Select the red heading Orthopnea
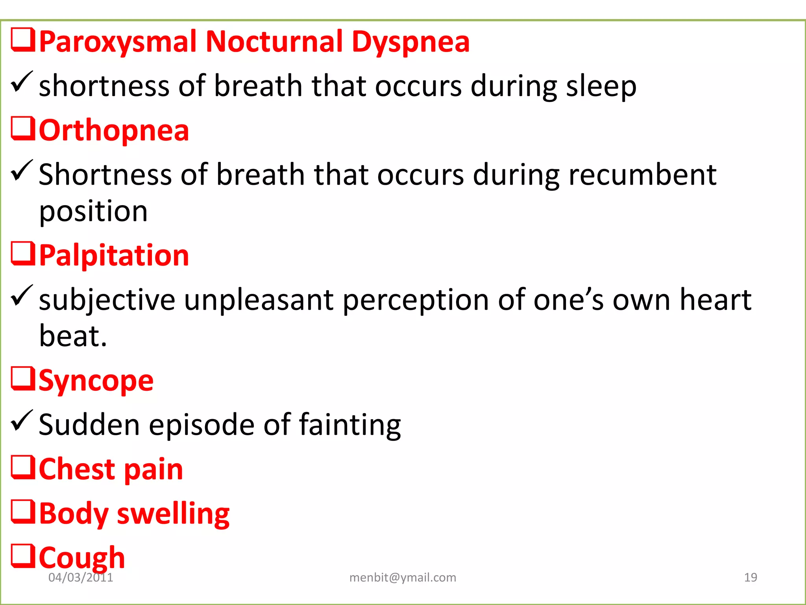tap(114, 130)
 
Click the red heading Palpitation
tap(114, 256)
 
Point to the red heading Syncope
tap(96, 381)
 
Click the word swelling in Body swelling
tap(173, 514)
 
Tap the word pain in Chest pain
tap(154, 470)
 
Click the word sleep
tap(601, 86)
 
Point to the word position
tap(93, 212)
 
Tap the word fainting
tap(350, 425)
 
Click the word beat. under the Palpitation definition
tap(73, 336)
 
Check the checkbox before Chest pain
tap(23, 468)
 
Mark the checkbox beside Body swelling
tap(23, 512)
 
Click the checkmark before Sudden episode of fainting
tap(22, 421)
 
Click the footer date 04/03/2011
tap(81, 577)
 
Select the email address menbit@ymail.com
tap(403, 577)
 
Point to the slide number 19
tap(751, 577)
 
